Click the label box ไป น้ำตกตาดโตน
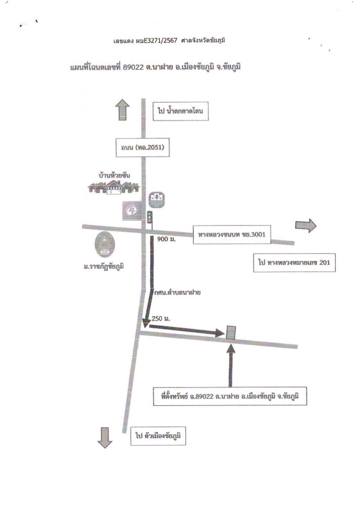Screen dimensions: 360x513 pos(180,111)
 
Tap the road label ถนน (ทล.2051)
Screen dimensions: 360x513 pos(142,147)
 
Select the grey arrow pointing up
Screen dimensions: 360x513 pos(123,109)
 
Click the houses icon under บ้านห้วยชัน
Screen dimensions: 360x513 pos(114,187)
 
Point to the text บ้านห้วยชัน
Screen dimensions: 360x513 pos(114,175)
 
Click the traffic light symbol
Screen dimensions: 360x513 pos(150,217)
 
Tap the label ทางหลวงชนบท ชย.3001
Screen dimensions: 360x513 pos(232,234)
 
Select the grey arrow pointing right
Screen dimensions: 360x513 pos(305,226)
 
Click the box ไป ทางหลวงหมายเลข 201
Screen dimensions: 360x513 pos(294,262)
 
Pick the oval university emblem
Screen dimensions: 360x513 pos(105,244)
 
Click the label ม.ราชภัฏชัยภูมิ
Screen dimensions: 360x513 pos(104,267)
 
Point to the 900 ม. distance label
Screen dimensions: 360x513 pos(166,239)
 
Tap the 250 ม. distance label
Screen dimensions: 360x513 pos(160,318)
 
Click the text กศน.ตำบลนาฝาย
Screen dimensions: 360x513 pos(177,292)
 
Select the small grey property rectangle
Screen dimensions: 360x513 pos(231,333)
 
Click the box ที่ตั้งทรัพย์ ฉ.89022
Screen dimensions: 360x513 pos(230,396)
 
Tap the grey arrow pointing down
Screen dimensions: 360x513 pos(105,438)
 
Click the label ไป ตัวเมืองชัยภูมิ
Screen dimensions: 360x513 pos(158,436)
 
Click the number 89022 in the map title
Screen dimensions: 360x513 pos(133,67)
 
